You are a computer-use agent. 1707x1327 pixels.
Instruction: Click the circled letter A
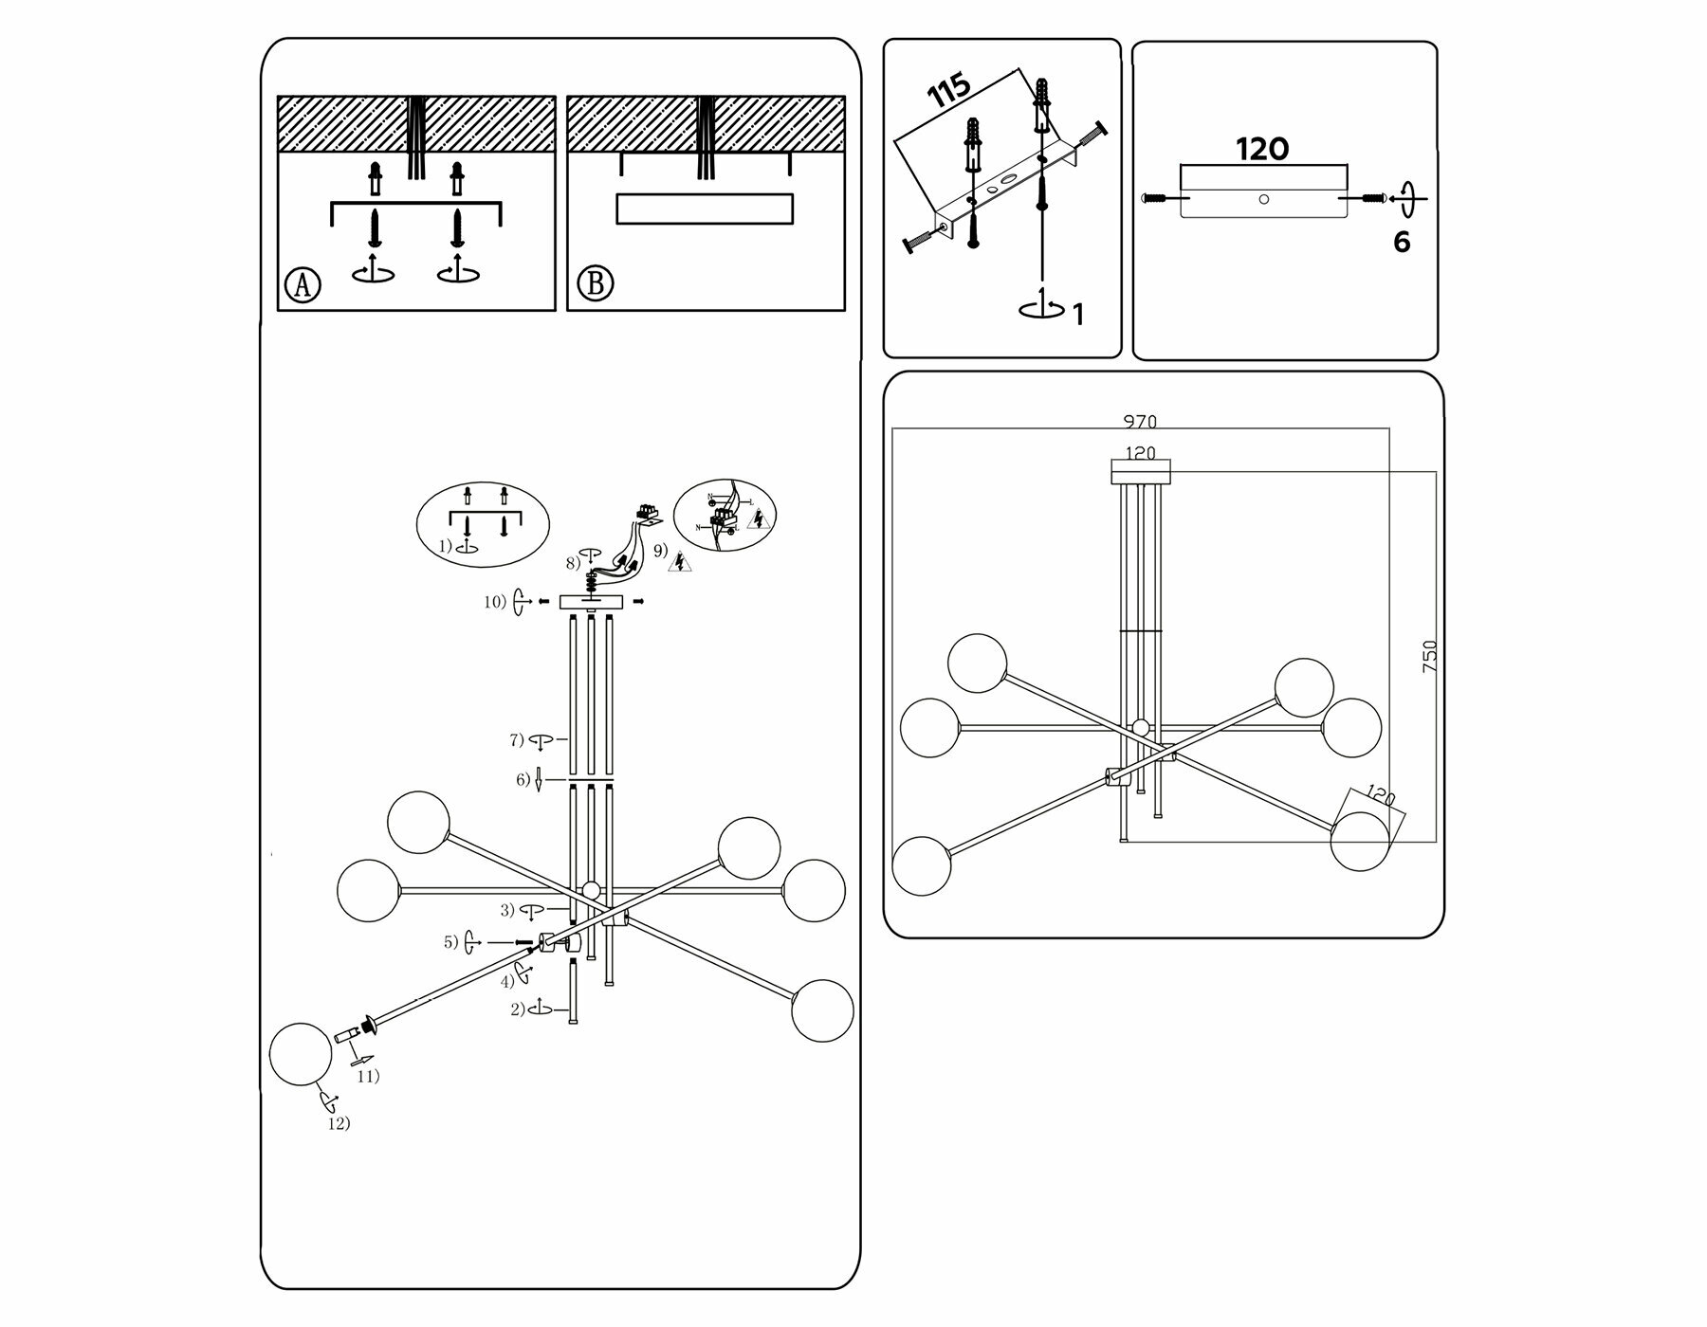(x=303, y=284)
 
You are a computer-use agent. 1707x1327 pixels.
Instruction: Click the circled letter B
(x=595, y=283)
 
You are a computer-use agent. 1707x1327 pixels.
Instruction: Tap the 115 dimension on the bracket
(x=949, y=90)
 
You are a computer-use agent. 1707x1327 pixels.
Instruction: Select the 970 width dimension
(x=1140, y=422)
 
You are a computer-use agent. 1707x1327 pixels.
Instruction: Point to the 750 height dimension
(x=1430, y=656)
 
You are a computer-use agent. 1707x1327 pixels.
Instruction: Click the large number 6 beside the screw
(x=1402, y=243)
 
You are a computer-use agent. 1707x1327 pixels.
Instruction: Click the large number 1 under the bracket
(x=1078, y=315)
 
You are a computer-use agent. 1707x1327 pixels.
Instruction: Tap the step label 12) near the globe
(x=339, y=1123)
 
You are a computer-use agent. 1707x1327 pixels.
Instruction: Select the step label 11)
(x=368, y=1076)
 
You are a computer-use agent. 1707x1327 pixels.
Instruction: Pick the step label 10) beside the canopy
(x=495, y=602)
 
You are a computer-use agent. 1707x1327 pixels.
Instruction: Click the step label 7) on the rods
(x=517, y=739)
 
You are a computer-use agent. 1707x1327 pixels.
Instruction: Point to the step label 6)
(x=523, y=779)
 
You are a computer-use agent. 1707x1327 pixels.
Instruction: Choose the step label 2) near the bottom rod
(x=517, y=1009)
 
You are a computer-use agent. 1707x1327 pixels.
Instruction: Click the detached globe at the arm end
(x=301, y=1054)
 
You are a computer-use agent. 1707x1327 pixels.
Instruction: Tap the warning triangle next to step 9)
(x=679, y=563)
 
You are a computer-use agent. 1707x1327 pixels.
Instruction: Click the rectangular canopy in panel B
(x=705, y=209)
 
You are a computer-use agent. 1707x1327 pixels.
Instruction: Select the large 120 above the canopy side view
(x=1262, y=150)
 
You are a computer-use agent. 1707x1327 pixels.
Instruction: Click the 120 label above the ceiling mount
(x=1140, y=453)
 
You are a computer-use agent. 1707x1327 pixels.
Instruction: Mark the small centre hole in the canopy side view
(x=1263, y=199)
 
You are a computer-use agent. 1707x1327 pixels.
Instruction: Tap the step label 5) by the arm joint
(x=451, y=942)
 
